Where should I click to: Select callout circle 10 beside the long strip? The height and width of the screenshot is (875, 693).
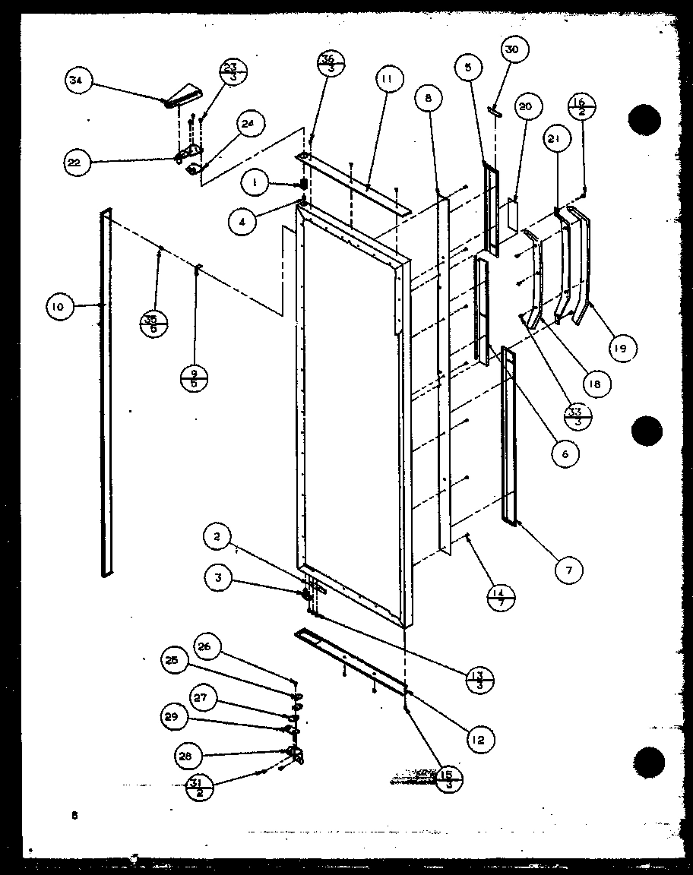(x=58, y=307)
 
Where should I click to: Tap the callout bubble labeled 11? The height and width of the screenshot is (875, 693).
(x=388, y=78)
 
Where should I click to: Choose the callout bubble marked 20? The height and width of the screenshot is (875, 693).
(x=526, y=106)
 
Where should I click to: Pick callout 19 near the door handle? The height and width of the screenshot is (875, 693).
(x=622, y=349)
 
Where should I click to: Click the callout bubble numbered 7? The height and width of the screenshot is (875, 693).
(x=569, y=570)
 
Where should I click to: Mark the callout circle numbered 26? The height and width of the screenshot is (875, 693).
(x=209, y=647)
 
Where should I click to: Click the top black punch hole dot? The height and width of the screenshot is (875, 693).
(x=644, y=120)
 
